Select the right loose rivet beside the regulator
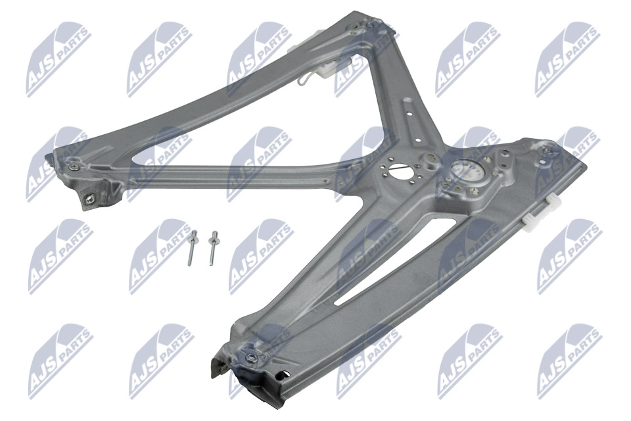pos(212,248)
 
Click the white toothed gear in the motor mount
pos(464,172)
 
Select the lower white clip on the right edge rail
pos(532,222)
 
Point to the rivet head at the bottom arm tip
pos(252,356)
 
